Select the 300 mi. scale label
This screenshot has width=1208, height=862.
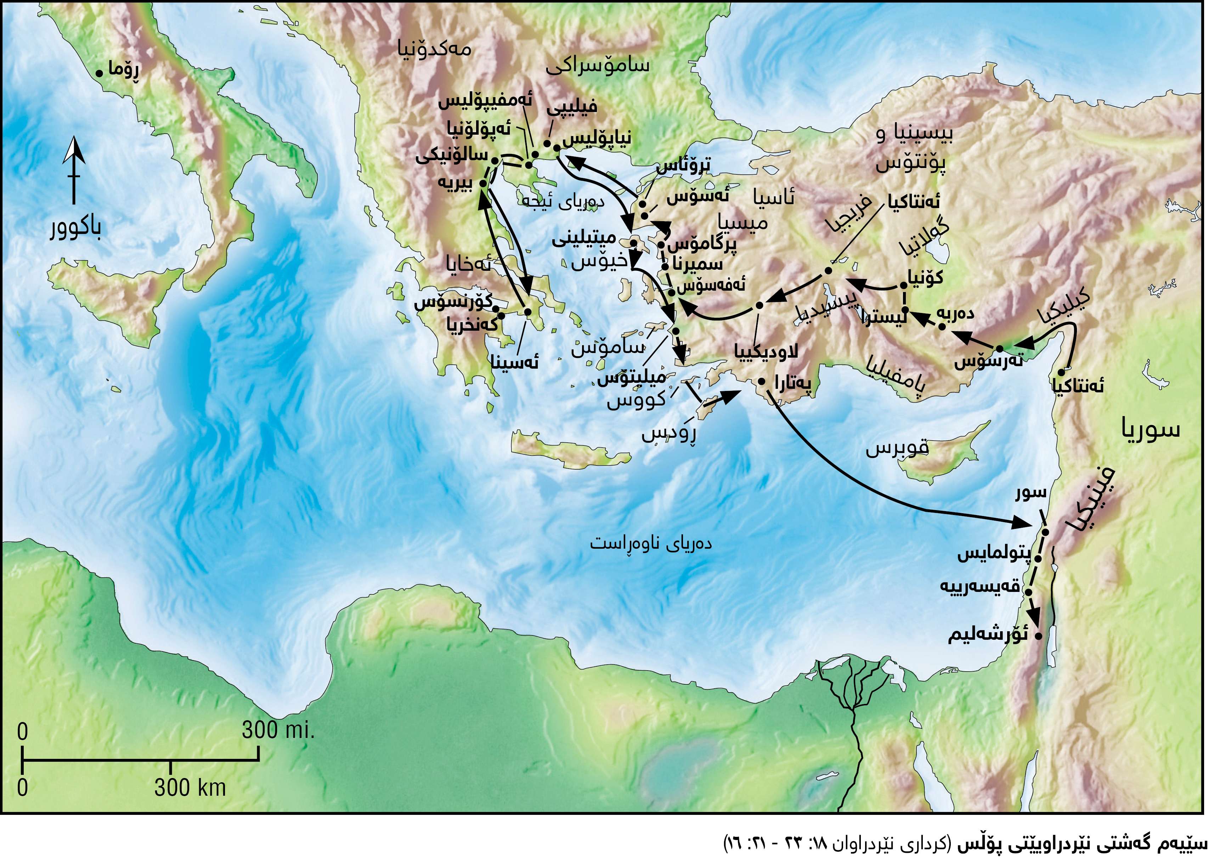coord(278,731)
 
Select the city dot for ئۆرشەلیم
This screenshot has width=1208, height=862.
coord(1038,636)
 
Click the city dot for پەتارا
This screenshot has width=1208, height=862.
coord(761,381)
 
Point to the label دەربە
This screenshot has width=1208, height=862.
coord(955,313)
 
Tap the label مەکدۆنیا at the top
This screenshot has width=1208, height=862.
coord(434,50)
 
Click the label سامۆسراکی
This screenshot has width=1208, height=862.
coord(598,66)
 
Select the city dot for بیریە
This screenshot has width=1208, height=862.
coord(483,183)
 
